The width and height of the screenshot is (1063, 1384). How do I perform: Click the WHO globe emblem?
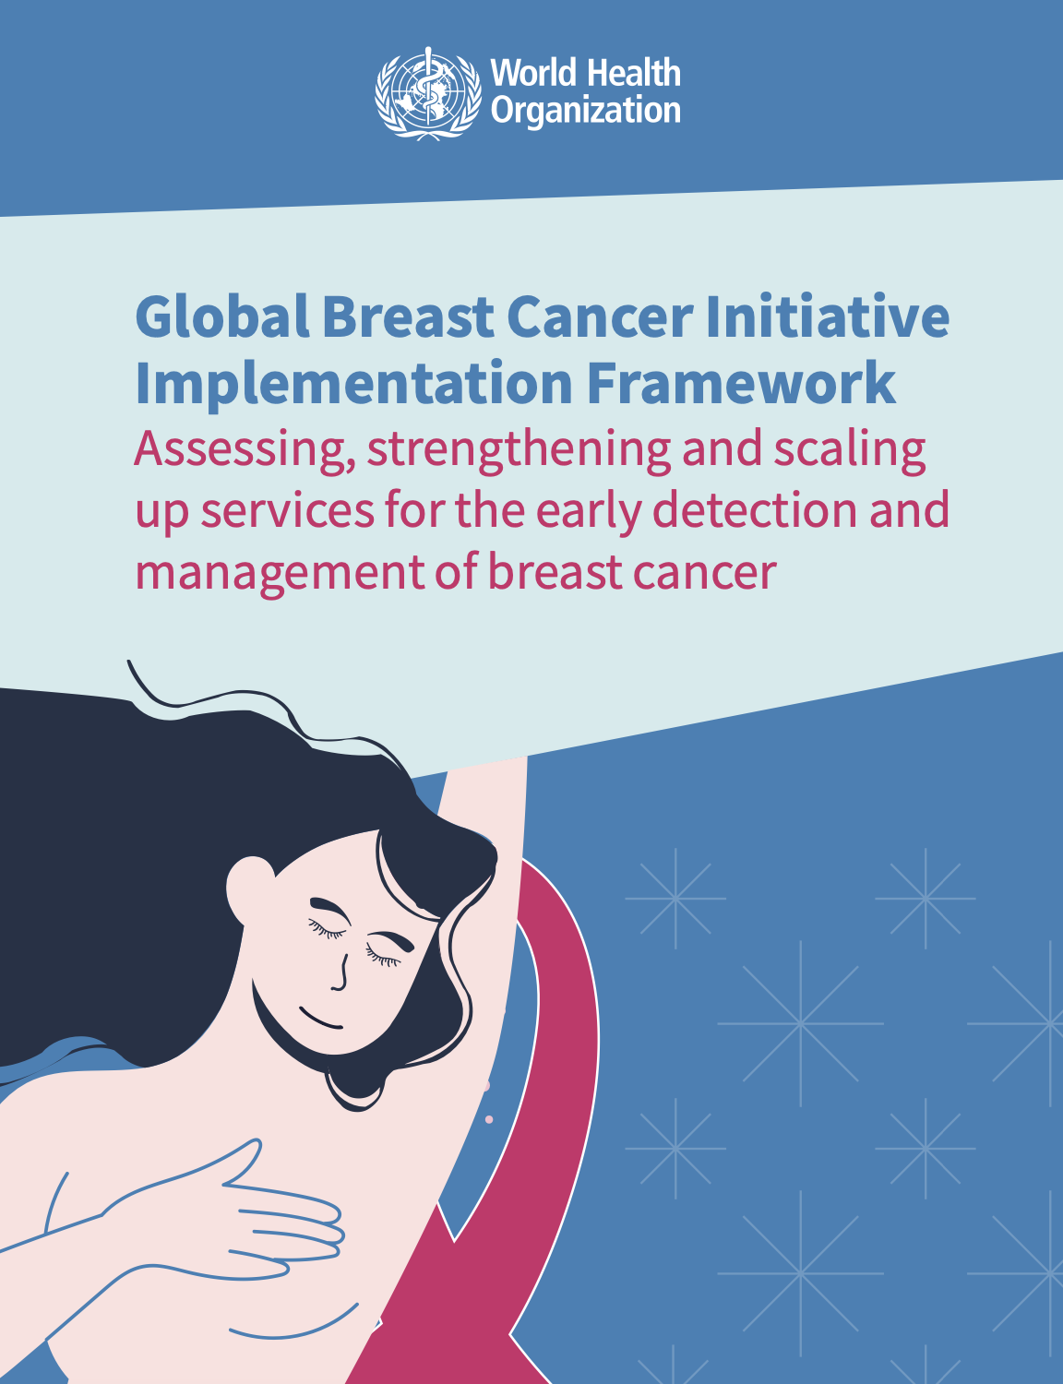pos(427,93)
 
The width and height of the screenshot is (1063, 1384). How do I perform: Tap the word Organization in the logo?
pos(585,111)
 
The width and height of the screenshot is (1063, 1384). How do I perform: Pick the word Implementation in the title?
pos(353,384)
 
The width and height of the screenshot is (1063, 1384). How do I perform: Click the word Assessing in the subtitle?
pos(245,449)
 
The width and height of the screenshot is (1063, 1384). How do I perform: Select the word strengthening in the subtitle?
pos(519,449)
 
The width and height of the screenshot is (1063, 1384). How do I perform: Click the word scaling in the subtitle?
pos(850,449)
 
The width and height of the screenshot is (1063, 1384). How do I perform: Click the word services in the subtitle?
pos(288,511)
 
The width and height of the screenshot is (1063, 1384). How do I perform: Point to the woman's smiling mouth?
pos(321,1018)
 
